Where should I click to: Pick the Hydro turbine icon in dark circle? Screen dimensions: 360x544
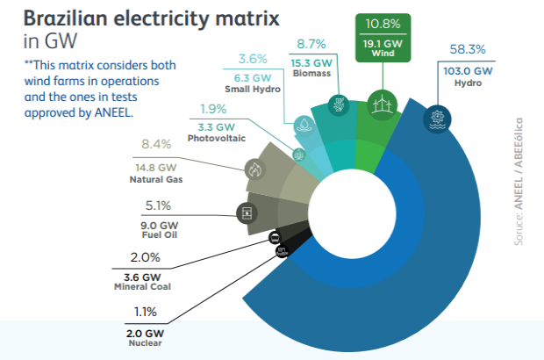coord(436,119)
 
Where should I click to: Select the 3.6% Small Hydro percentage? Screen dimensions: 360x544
coord(254,59)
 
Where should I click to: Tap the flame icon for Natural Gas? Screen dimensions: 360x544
coord(255,169)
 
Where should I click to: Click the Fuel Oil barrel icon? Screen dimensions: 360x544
coord(247,212)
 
